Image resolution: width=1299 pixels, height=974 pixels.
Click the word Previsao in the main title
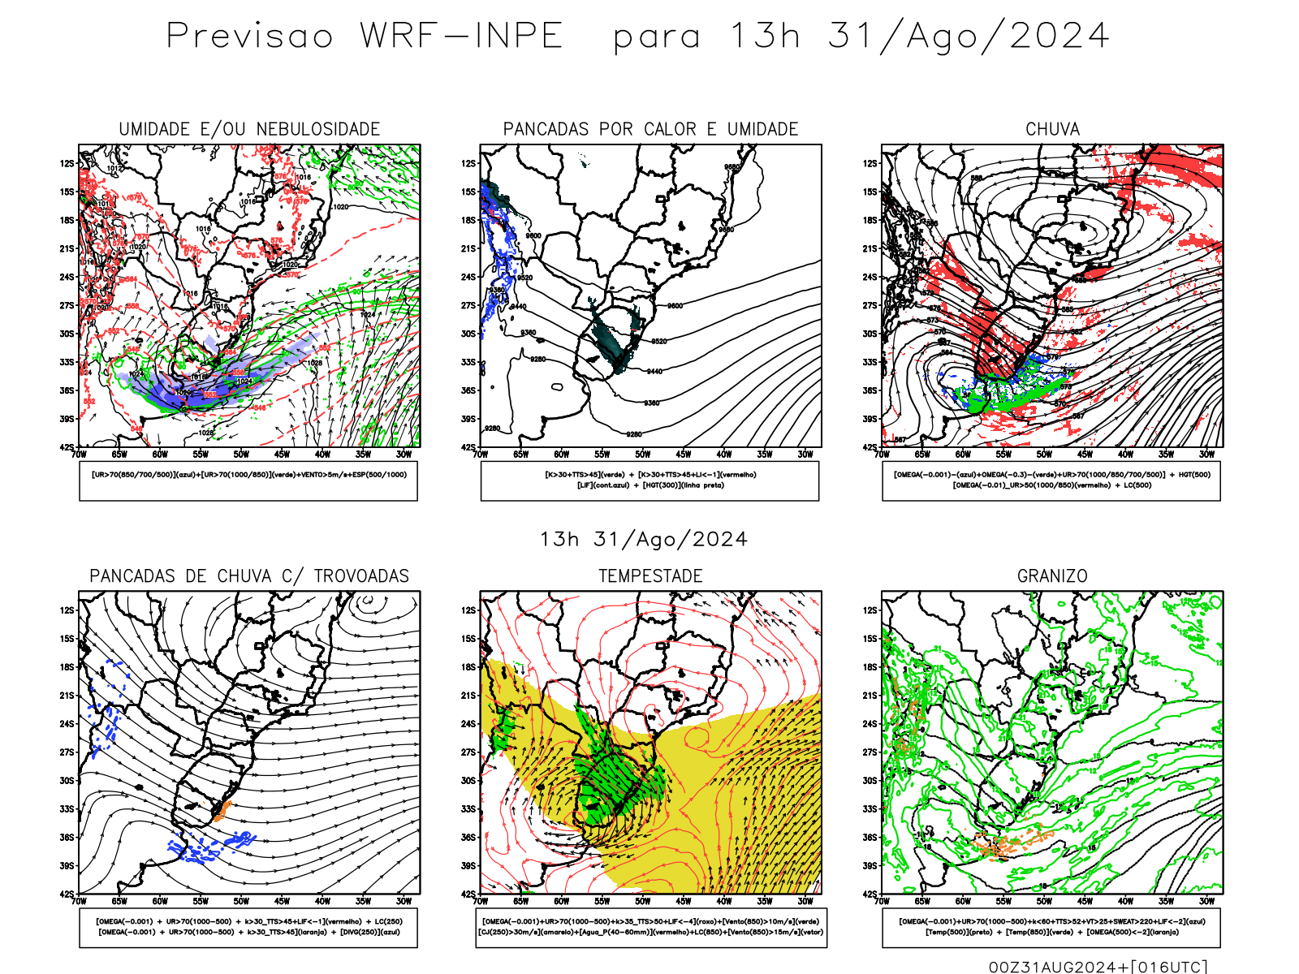click(250, 37)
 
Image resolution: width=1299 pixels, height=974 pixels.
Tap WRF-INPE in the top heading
click(461, 37)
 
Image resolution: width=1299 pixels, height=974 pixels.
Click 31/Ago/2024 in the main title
click(968, 37)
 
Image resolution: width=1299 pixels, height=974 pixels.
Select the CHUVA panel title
click(1052, 129)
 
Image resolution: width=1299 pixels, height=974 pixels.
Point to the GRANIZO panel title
click(1052, 576)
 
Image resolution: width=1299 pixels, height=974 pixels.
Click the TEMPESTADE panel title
click(650, 576)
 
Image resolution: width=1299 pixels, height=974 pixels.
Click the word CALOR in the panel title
click(671, 129)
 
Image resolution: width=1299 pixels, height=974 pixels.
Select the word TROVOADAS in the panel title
click(361, 576)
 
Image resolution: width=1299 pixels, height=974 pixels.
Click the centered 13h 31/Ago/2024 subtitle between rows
click(644, 540)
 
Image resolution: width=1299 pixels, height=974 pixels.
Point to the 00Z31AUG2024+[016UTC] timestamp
click(1098, 967)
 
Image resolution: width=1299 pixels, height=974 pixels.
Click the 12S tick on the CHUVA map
click(870, 163)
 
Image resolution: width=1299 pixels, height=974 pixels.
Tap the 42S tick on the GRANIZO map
click(870, 894)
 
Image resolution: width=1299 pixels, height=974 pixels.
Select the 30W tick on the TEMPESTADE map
click(805, 901)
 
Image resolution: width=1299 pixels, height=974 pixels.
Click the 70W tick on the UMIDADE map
click(79, 455)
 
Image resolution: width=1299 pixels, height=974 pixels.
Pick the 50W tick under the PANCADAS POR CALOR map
click(643, 455)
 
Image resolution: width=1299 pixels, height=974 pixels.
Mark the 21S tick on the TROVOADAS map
click(67, 696)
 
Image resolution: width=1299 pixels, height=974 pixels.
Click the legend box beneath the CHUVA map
click(1051, 481)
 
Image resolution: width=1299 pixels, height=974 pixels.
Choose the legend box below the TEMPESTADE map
click(650, 927)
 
